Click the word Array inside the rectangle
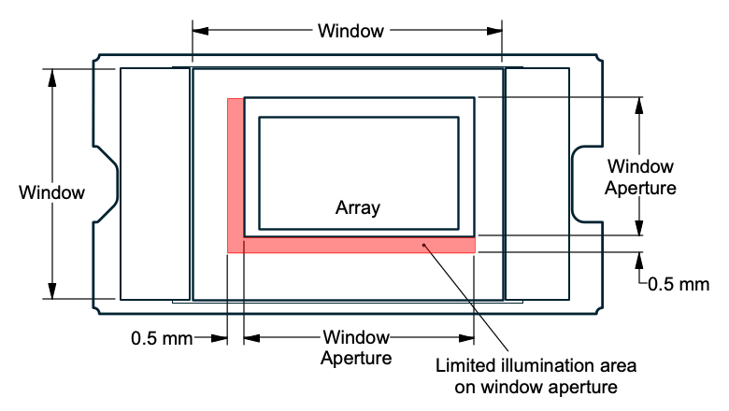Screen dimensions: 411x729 tap(358, 208)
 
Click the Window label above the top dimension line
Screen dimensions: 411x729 tap(350, 31)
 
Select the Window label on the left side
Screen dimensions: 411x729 tap(52, 193)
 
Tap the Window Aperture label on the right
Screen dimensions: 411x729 tap(640, 177)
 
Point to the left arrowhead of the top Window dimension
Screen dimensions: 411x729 tap(198, 31)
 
